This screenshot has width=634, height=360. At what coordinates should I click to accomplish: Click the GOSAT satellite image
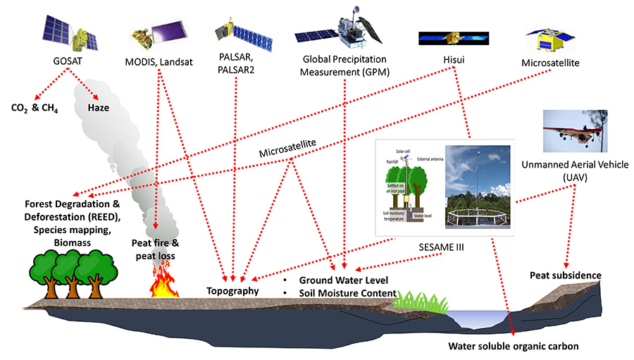click(x=66, y=30)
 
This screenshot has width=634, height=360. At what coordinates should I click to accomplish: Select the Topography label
click(x=233, y=290)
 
